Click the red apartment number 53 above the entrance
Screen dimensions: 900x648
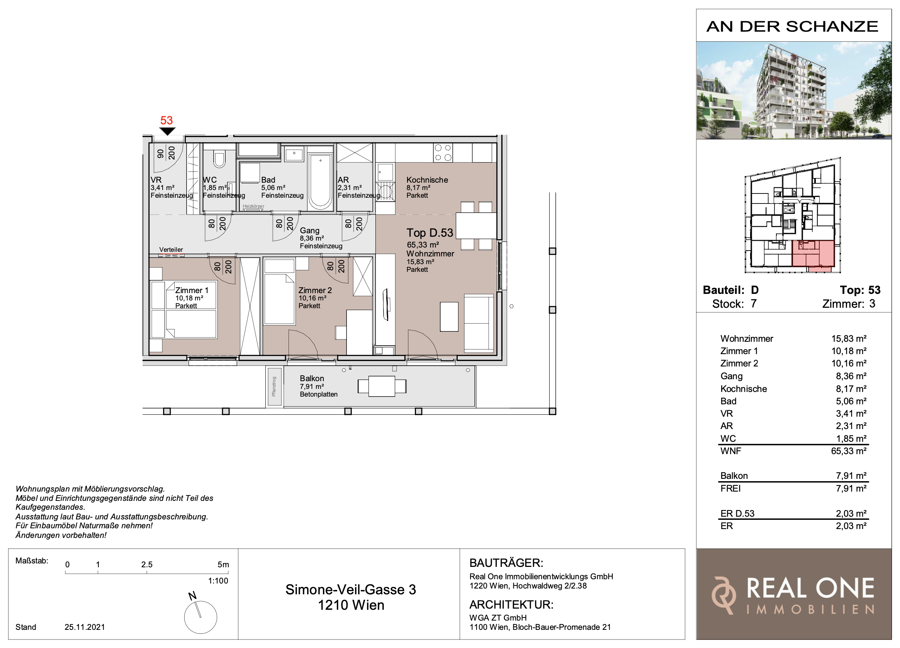click(x=166, y=120)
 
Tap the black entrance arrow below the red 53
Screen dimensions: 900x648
click(x=167, y=131)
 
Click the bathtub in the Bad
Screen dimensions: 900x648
click(x=320, y=182)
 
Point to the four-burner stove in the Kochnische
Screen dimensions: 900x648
click(x=443, y=153)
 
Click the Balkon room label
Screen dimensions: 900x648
click(x=312, y=378)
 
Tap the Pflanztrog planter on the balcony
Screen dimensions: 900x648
click(x=274, y=387)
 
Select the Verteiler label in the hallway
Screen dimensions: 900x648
click(x=171, y=249)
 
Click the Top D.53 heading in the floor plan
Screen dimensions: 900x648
click(x=430, y=232)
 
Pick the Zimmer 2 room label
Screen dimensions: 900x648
click(x=315, y=290)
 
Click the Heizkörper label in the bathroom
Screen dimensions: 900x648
click(x=253, y=206)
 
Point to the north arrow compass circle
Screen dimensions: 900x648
click(x=200, y=617)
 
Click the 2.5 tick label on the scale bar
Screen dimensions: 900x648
click(x=147, y=564)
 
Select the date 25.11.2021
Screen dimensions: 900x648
click(x=85, y=627)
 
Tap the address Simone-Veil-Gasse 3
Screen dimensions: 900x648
click(x=351, y=590)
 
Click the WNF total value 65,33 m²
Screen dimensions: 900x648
click(x=848, y=451)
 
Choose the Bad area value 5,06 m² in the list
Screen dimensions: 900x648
click(x=851, y=401)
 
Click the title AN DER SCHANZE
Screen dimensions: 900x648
click(x=793, y=27)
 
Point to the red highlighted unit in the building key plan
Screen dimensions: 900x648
click(x=813, y=254)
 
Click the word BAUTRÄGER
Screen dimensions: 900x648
click(x=506, y=563)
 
